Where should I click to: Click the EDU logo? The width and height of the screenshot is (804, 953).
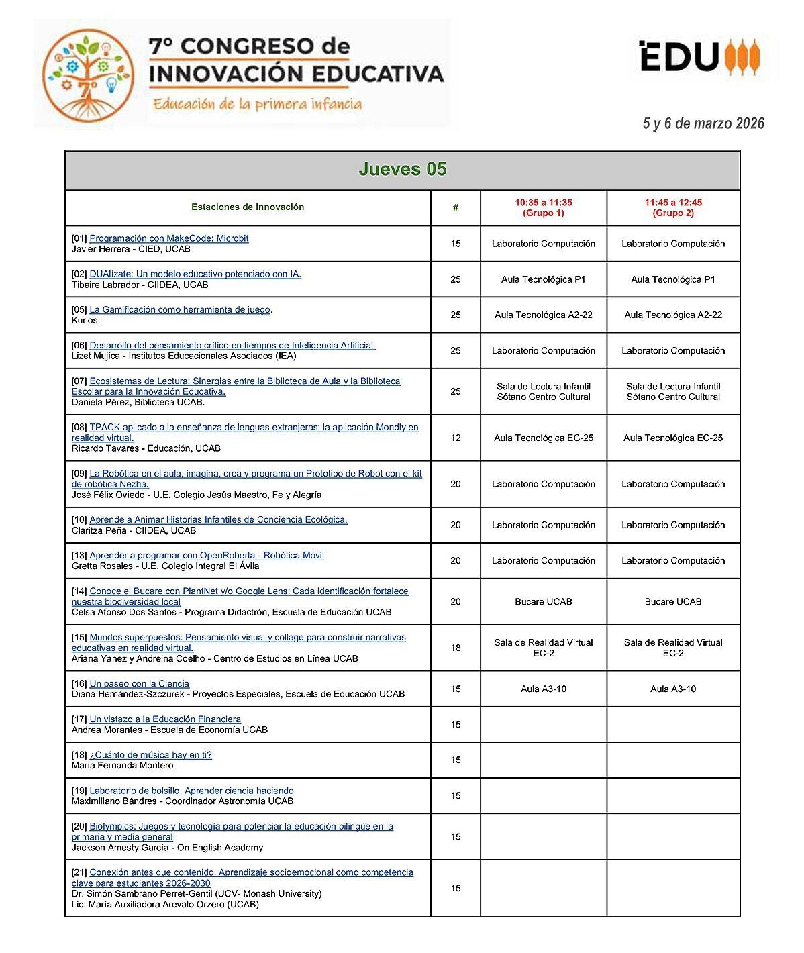click(x=700, y=56)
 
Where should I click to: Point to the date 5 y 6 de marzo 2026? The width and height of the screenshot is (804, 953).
click(x=703, y=123)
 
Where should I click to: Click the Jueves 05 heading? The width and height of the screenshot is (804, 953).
click(x=402, y=170)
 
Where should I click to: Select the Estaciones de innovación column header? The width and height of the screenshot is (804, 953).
click(x=248, y=207)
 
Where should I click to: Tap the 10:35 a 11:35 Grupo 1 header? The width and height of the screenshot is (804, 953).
click(x=543, y=208)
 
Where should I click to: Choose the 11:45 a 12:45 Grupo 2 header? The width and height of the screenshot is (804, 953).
click(x=673, y=208)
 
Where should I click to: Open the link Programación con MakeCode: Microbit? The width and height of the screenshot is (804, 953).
click(x=169, y=238)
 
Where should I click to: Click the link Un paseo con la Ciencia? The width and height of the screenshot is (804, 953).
click(x=139, y=683)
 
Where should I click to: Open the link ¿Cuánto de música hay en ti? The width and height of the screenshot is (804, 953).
click(x=150, y=755)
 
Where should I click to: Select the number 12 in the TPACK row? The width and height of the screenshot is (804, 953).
click(x=456, y=438)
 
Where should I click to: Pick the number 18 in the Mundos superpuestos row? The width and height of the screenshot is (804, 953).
click(x=456, y=648)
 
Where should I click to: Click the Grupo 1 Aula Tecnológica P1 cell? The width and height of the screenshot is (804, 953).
click(x=543, y=279)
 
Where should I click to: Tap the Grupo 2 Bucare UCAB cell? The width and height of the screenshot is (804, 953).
click(x=673, y=601)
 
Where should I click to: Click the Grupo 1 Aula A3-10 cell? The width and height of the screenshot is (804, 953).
click(x=543, y=689)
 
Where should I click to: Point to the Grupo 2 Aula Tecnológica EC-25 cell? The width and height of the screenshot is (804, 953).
click(x=673, y=438)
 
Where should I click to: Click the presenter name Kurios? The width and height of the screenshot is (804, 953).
click(x=85, y=321)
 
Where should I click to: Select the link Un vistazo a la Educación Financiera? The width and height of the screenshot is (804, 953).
click(x=165, y=719)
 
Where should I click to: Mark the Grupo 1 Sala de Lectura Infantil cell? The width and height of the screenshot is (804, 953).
click(x=543, y=391)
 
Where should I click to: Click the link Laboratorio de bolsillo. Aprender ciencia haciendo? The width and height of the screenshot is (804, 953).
click(x=191, y=791)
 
